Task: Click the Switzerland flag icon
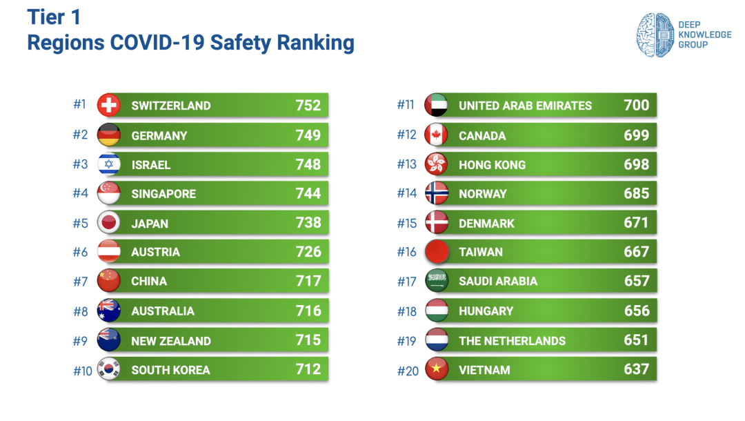pyautogui.click(x=109, y=105)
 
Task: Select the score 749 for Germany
pyautogui.click(x=308, y=135)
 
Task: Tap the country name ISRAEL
pyautogui.click(x=151, y=165)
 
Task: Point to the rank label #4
pyautogui.click(x=81, y=193)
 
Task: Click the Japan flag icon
pyautogui.click(x=109, y=223)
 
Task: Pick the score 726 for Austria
pyautogui.click(x=308, y=252)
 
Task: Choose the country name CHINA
pyautogui.click(x=149, y=281)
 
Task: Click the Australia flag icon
pyautogui.click(x=109, y=311)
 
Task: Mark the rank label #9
pyautogui.click(x=81, y=340)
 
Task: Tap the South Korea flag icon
pyautogui.click(x=109, y=369)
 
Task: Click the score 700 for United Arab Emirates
pyautogui.click(x=636, y=105)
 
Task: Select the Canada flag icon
pyautogui.click(x=437, y=135)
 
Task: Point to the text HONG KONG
pyautogui.click(x=492, y=165)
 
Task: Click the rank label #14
pyautogui.click(x=407, y=193)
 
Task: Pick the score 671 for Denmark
pyautogui.click(x=636, y=223)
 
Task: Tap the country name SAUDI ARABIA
pyautogui.click(x=498, y=281)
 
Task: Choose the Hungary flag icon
pyautogui.click(x=437, y=311)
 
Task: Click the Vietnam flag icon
pyautogui.click(x=437, y=369)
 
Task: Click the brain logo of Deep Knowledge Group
pyautogui.click(x=654, y=35)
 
